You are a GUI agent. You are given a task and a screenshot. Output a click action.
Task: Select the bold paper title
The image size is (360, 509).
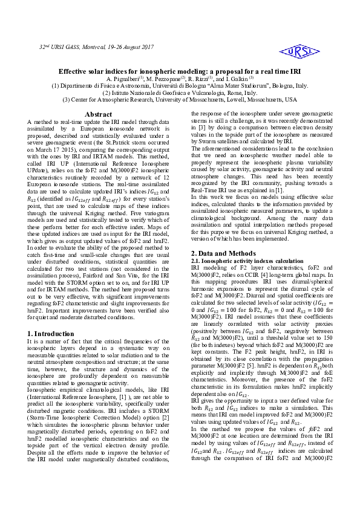[180, 70]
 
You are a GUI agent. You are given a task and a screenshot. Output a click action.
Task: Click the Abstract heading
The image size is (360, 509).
[98, 114]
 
